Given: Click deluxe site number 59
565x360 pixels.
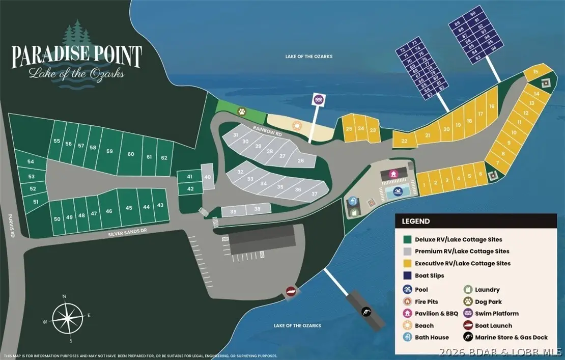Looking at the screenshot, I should coord(109,151).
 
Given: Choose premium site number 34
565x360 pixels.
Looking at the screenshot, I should coord(264,183).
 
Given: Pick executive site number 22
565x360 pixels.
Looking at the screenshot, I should coord(404,141).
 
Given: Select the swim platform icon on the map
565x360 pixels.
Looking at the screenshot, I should coord(319,99).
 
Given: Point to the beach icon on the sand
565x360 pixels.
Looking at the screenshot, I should coord(296,125).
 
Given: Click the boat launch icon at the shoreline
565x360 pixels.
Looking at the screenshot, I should coord(291,291).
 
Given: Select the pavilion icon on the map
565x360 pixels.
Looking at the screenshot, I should coord(393,174).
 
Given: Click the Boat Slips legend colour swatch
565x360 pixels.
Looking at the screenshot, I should coord(407,275).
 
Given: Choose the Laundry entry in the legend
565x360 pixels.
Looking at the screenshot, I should coord(487,290).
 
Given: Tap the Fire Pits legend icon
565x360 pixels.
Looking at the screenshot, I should coord(407,302).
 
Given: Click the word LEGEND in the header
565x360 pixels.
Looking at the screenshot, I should coord(416,221).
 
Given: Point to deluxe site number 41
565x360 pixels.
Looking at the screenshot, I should coord(189,177).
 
